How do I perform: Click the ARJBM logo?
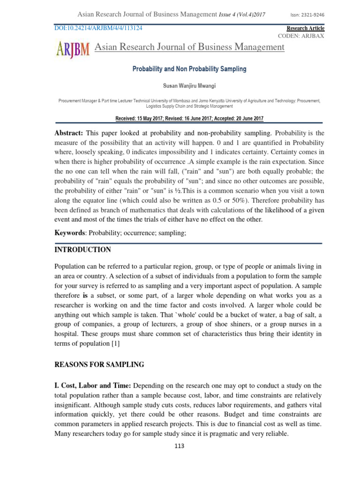coord(73,48)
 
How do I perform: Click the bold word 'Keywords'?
coord(70,232)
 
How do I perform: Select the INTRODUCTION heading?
coord(83,250)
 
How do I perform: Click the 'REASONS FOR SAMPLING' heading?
coord(99,364)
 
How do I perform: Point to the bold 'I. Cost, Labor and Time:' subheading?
coord(93,385)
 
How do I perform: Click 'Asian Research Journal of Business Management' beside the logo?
coord(189,47)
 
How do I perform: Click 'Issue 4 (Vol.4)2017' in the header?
coord(242,15)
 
